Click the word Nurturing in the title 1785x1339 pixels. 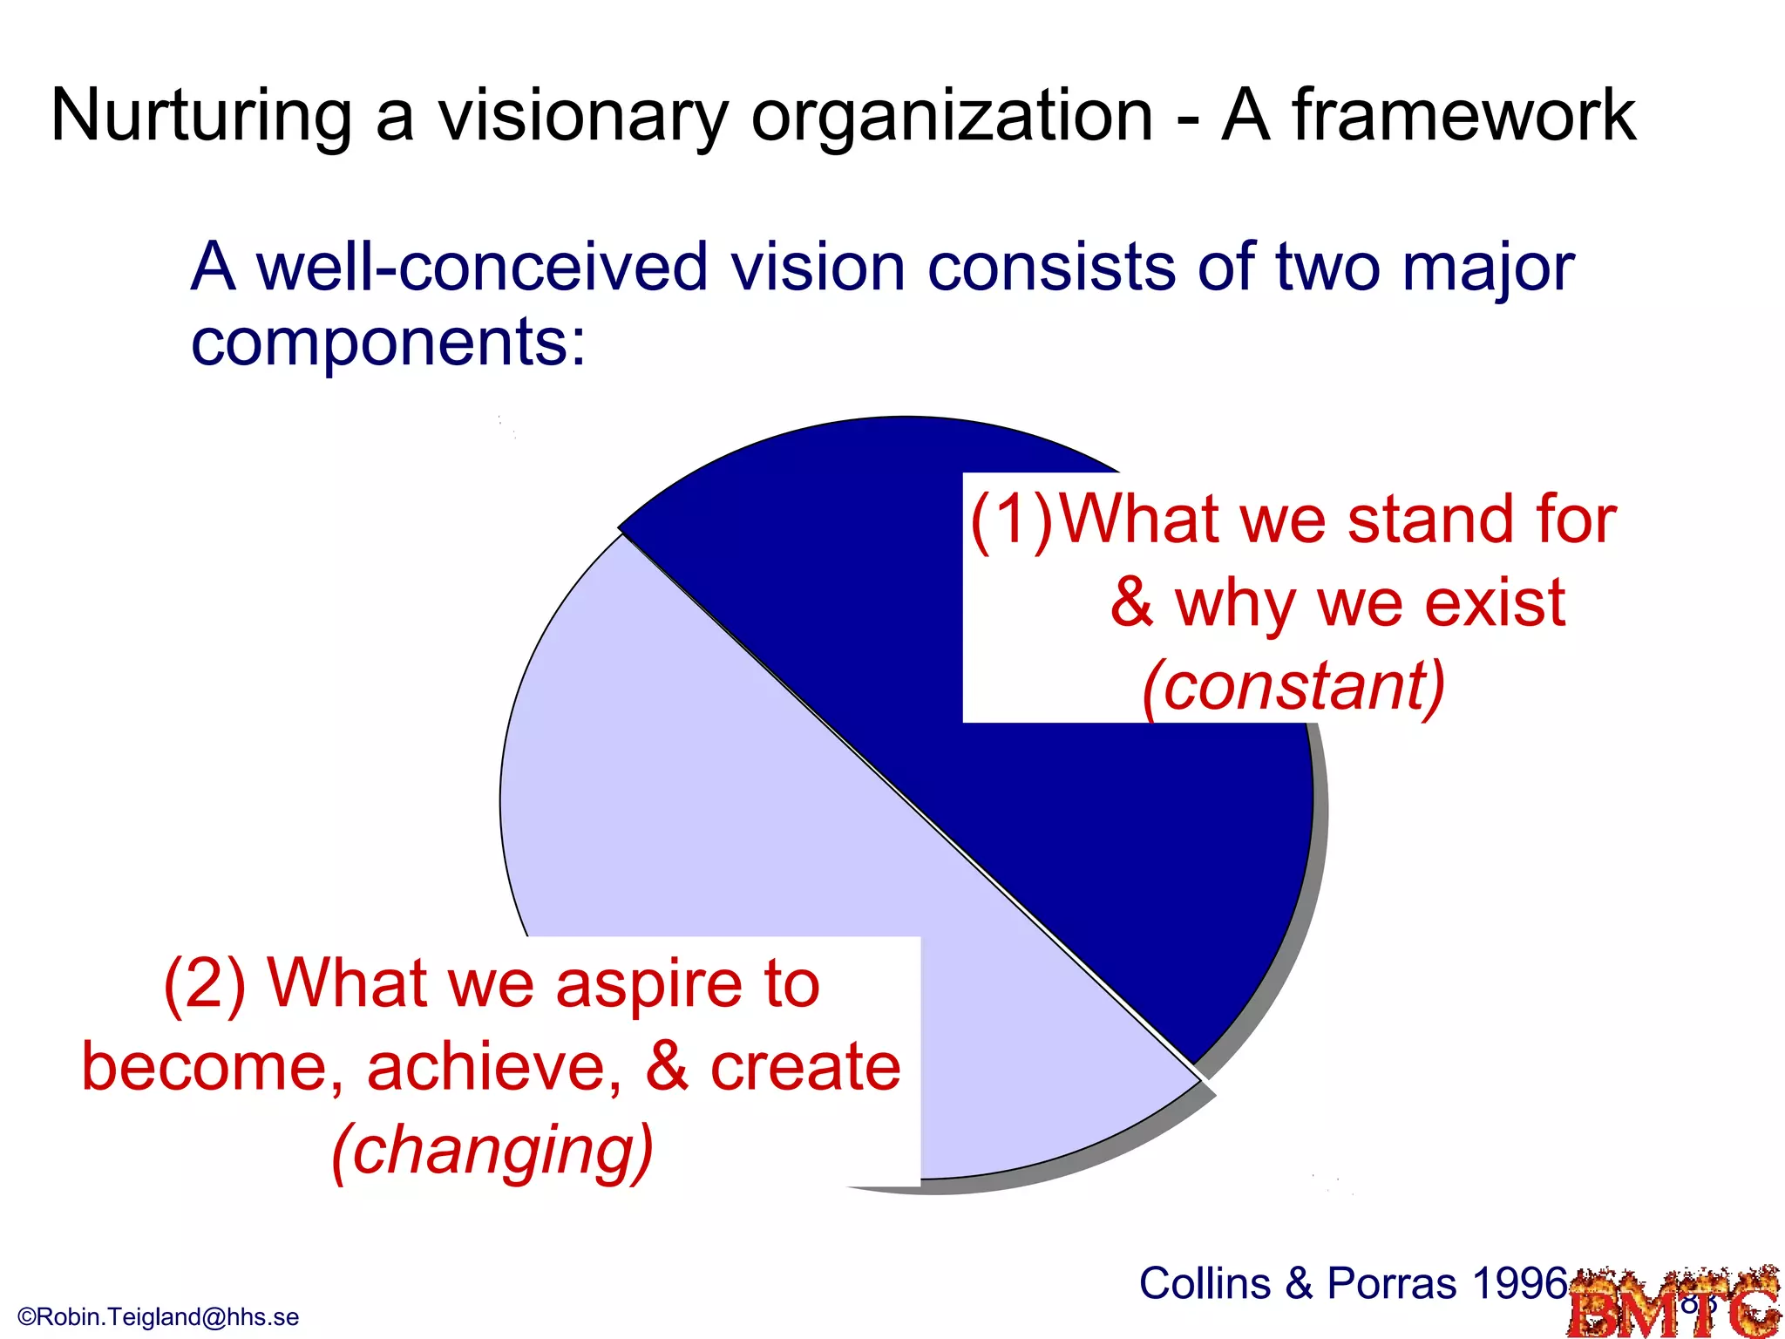pyautogui.click(x=201, y=115)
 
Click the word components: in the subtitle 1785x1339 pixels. pyautogui.click(x=389, y=342)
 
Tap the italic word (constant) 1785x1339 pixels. pyautogui.click(x=1293, y=687)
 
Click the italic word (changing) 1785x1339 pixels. pyautogui.click(x=492, y=1151)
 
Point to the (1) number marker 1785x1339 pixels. pyautogui.click(x=1011, y=521)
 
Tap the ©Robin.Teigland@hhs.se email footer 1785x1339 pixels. pyautogui.click(x=158, y=1316)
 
